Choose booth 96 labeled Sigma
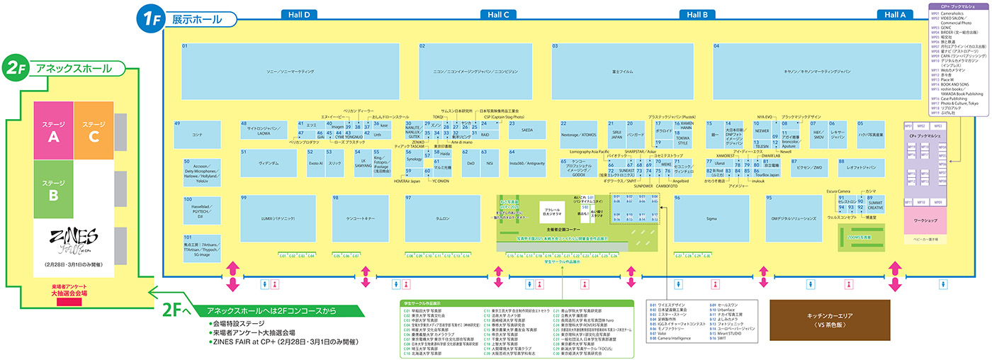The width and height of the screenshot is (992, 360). (711, 218)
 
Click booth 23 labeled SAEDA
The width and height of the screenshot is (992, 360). (526, 130)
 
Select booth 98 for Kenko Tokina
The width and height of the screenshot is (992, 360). (360, 218)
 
